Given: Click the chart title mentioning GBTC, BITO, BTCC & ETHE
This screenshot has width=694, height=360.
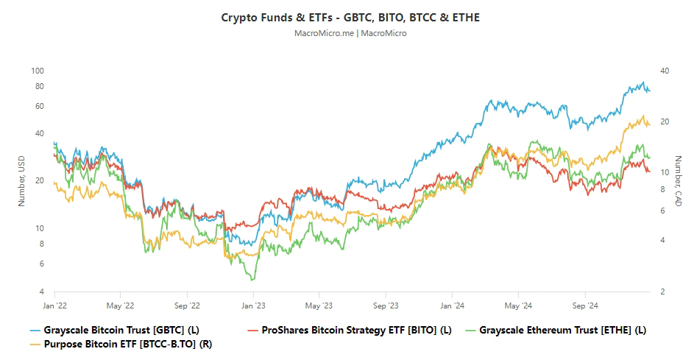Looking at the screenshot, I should [x=350, y=17].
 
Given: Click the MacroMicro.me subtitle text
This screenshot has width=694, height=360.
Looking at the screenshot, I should [x=350, y=33].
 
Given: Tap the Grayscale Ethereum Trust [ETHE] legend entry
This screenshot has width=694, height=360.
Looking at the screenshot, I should [x=562, y=330].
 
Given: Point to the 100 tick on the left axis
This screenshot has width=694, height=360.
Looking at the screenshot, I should [x=39, y=71].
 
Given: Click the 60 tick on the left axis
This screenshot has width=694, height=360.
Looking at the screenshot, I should [x=40, y=106].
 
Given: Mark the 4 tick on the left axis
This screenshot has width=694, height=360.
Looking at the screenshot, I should [x=42, y=292].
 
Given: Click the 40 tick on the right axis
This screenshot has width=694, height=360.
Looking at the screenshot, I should [x=665, y=71].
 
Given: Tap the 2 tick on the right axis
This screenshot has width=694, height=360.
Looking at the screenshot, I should [x=663, y=292].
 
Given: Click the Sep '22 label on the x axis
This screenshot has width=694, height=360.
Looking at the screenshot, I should [x=188, y=304].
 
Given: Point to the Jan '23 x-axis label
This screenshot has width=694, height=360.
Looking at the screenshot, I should [x=253, y=304].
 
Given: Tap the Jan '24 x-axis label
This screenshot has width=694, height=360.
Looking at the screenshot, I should [x=452, y=304].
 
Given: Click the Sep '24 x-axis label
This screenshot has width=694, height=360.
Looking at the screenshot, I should [x=584, y=304].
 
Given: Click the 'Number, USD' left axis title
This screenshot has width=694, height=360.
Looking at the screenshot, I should [x=21, y=181].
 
